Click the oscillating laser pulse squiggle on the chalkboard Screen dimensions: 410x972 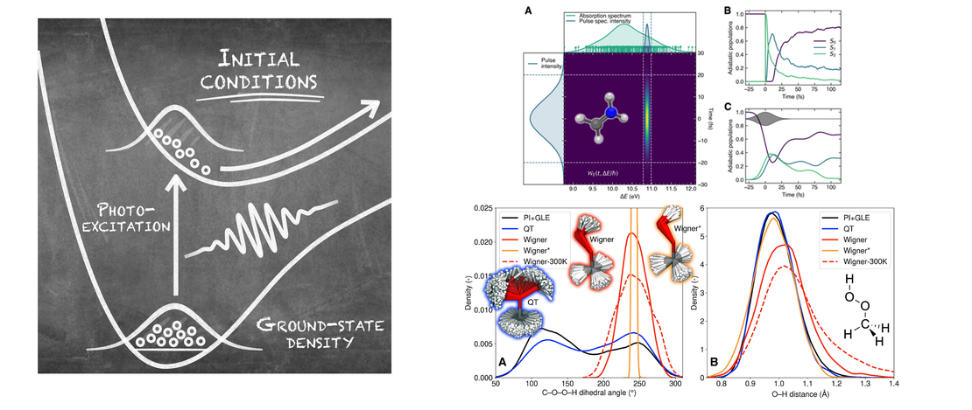coord(262,228)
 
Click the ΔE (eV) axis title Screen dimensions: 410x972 coord(629,198)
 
